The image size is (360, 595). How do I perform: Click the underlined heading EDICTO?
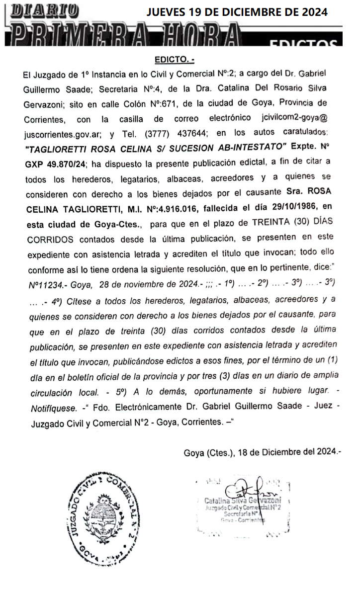pos(174,60)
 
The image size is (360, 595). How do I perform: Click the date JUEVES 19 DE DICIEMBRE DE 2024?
pos(237,12)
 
